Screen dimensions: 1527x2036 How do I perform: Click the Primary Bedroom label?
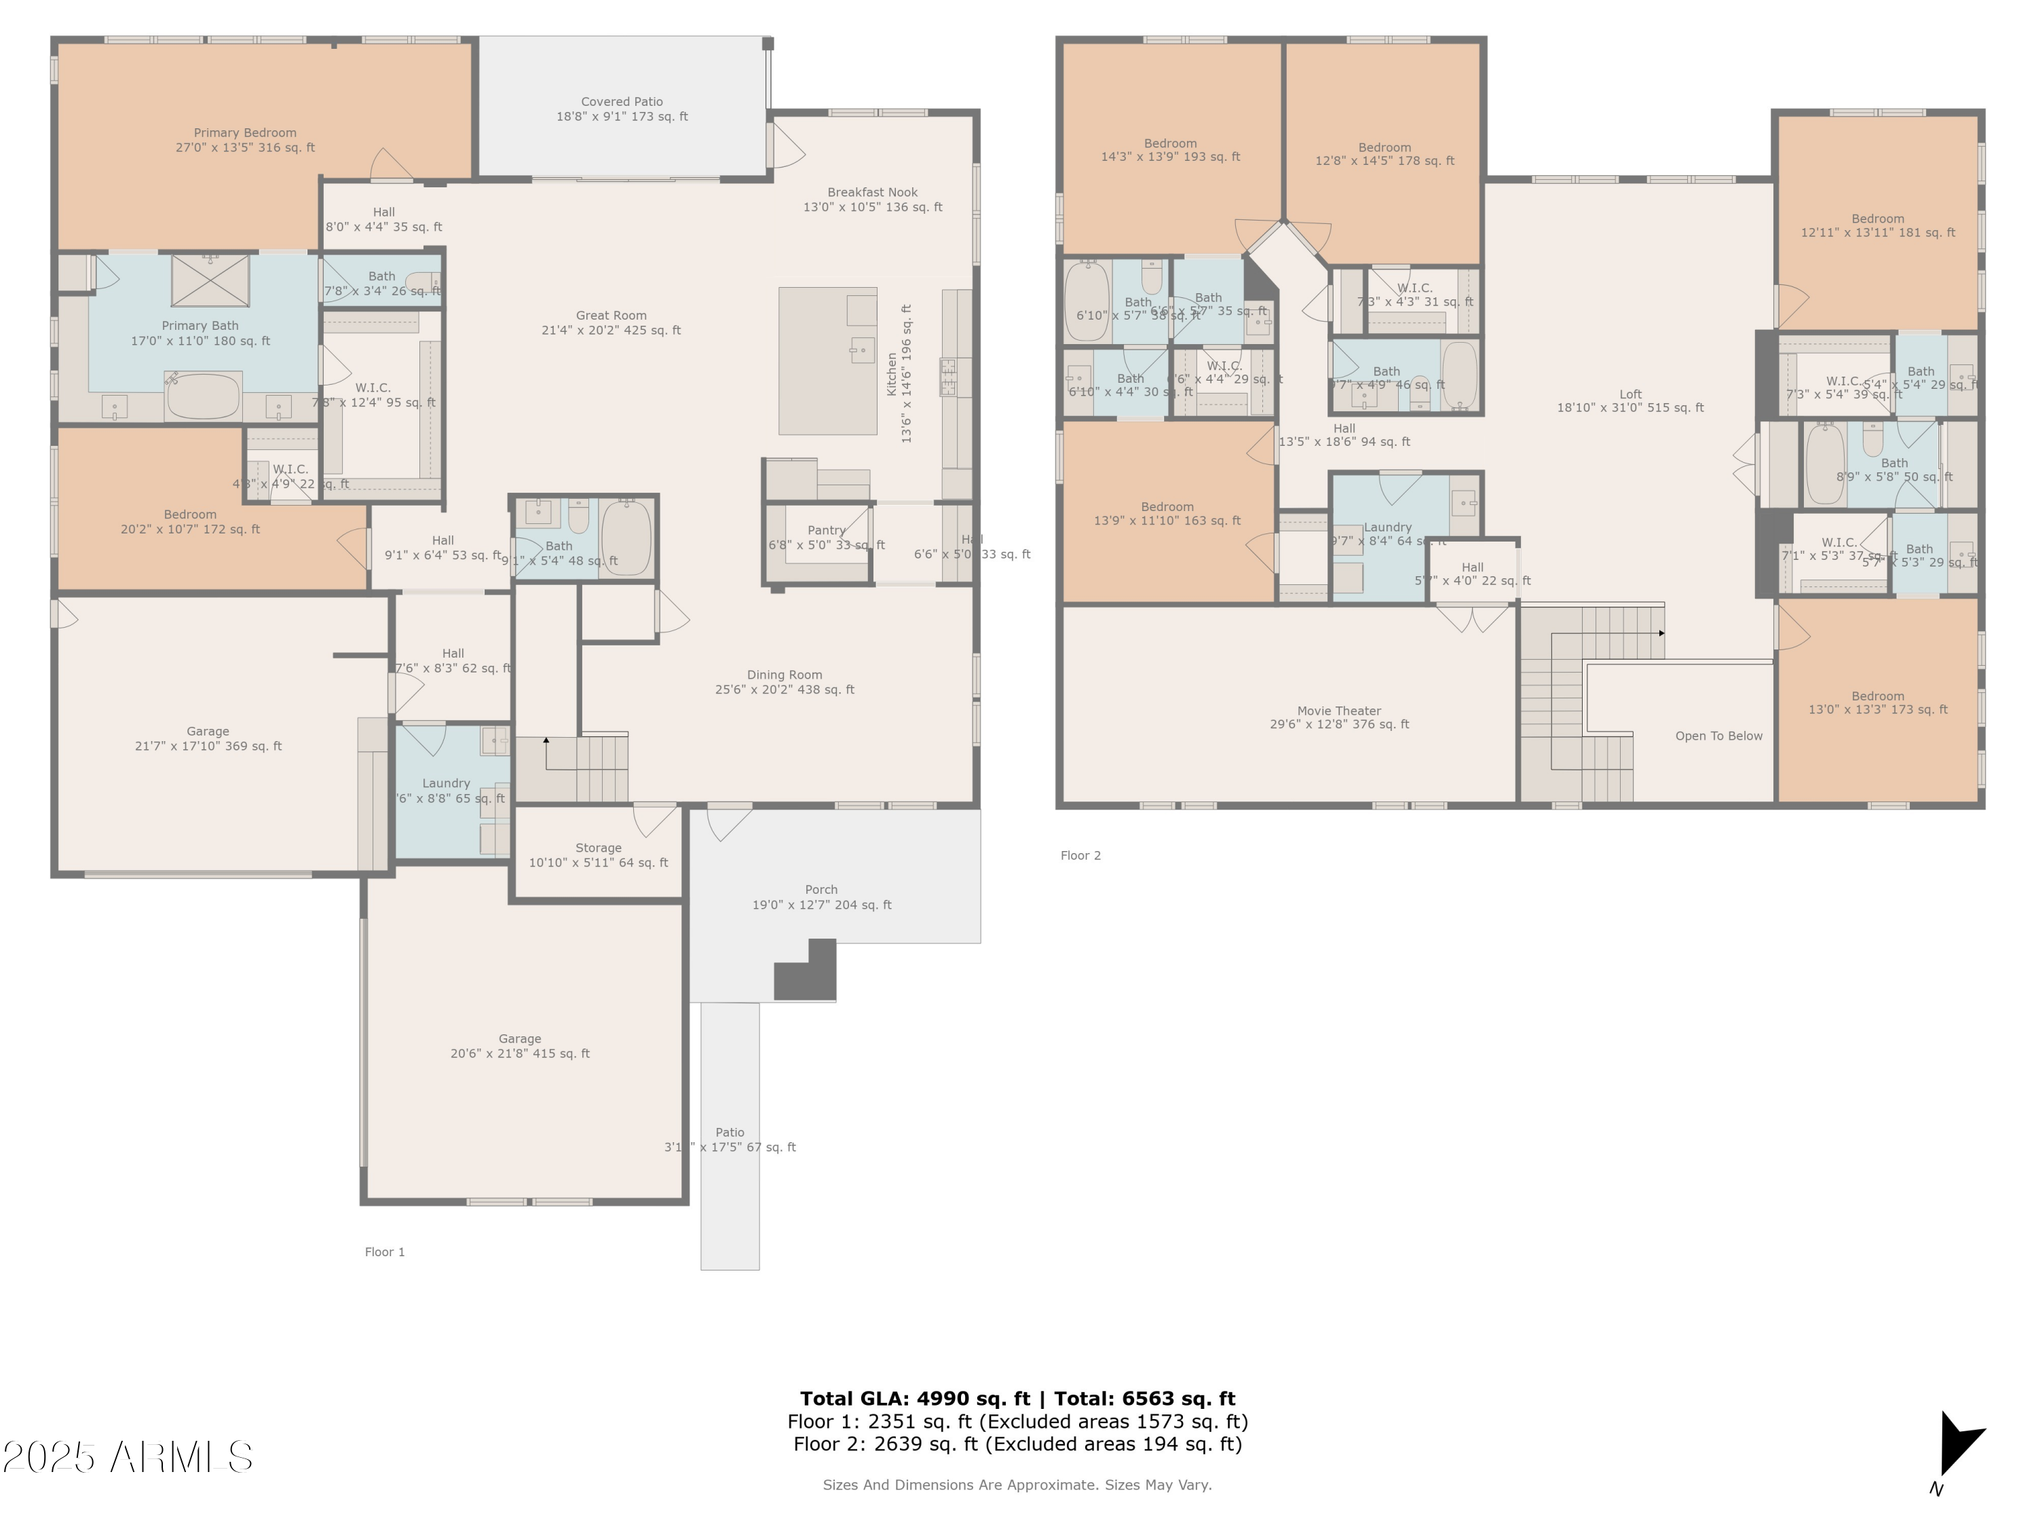[x=245, y=140]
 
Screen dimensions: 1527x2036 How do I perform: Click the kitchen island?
[x=827, y=361]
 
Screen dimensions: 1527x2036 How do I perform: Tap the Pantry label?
[x=826, y=530]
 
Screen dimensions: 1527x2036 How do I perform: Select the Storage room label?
[x=599, y=854]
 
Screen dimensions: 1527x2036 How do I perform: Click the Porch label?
[x=821, y=897]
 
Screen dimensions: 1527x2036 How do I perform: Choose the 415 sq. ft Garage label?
[x=519, y=1046]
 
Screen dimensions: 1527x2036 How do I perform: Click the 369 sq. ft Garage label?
[x=208, y=738]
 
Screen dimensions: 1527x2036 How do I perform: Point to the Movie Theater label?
[x=1338, y=717]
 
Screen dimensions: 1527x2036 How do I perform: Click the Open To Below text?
[x=1718, y=736]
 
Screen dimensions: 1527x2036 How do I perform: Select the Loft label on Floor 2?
[x=1629, y=400]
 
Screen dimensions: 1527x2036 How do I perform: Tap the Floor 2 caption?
[x=1080, y=855]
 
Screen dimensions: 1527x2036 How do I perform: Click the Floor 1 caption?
[x=384, y=1251]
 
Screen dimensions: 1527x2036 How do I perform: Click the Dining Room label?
[x=785, y=681]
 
